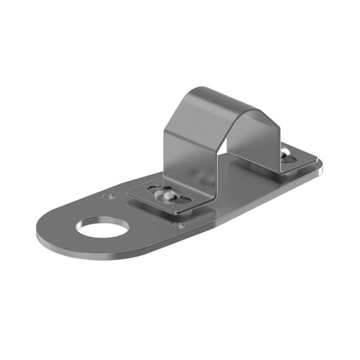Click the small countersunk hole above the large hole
coord(107,196)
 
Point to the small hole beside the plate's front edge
coord(179,226)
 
